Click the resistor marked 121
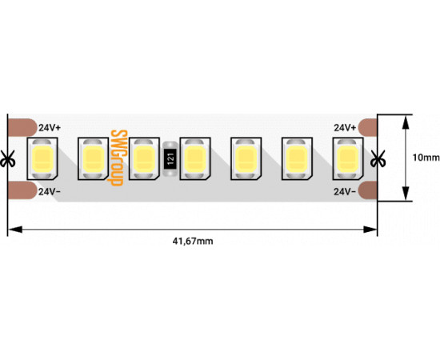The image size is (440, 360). (170, 159)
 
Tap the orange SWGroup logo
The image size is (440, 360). (116, 158)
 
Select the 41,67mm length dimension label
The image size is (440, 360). (193, 241)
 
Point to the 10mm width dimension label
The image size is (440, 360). (426, 158)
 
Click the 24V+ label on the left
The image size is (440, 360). (50, 128)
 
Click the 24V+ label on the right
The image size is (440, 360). (345, 128)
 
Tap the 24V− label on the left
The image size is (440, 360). (50, 192)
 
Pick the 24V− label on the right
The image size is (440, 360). (345, 192)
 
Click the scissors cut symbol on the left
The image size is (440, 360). (7, 159)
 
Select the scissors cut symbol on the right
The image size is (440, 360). (378, 159)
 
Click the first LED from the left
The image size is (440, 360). (42, 159)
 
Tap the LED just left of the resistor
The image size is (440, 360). (144, 159)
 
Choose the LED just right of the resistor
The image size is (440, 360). (195, 159)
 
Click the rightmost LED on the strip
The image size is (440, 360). (348, 159)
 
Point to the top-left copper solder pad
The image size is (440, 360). (22, 127)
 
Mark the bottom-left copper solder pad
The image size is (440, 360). (22, 190)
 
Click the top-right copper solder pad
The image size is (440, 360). (368, 127)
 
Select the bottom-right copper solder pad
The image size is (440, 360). (368, 190)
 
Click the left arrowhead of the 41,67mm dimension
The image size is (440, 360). (15, 230)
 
